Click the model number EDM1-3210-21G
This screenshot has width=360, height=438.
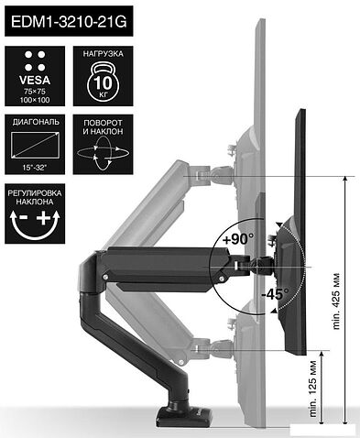69,22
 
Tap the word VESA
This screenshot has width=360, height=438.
35,80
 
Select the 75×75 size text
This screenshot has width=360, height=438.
35,92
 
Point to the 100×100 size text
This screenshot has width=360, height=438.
35,100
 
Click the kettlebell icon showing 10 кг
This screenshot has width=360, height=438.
104,81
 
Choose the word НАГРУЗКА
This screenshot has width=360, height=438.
104,54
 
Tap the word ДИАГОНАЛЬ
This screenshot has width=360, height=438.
36,122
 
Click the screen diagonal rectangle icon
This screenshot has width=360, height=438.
35,145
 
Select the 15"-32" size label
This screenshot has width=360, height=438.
35,167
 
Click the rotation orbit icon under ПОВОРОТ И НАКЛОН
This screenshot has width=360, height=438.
104,153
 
